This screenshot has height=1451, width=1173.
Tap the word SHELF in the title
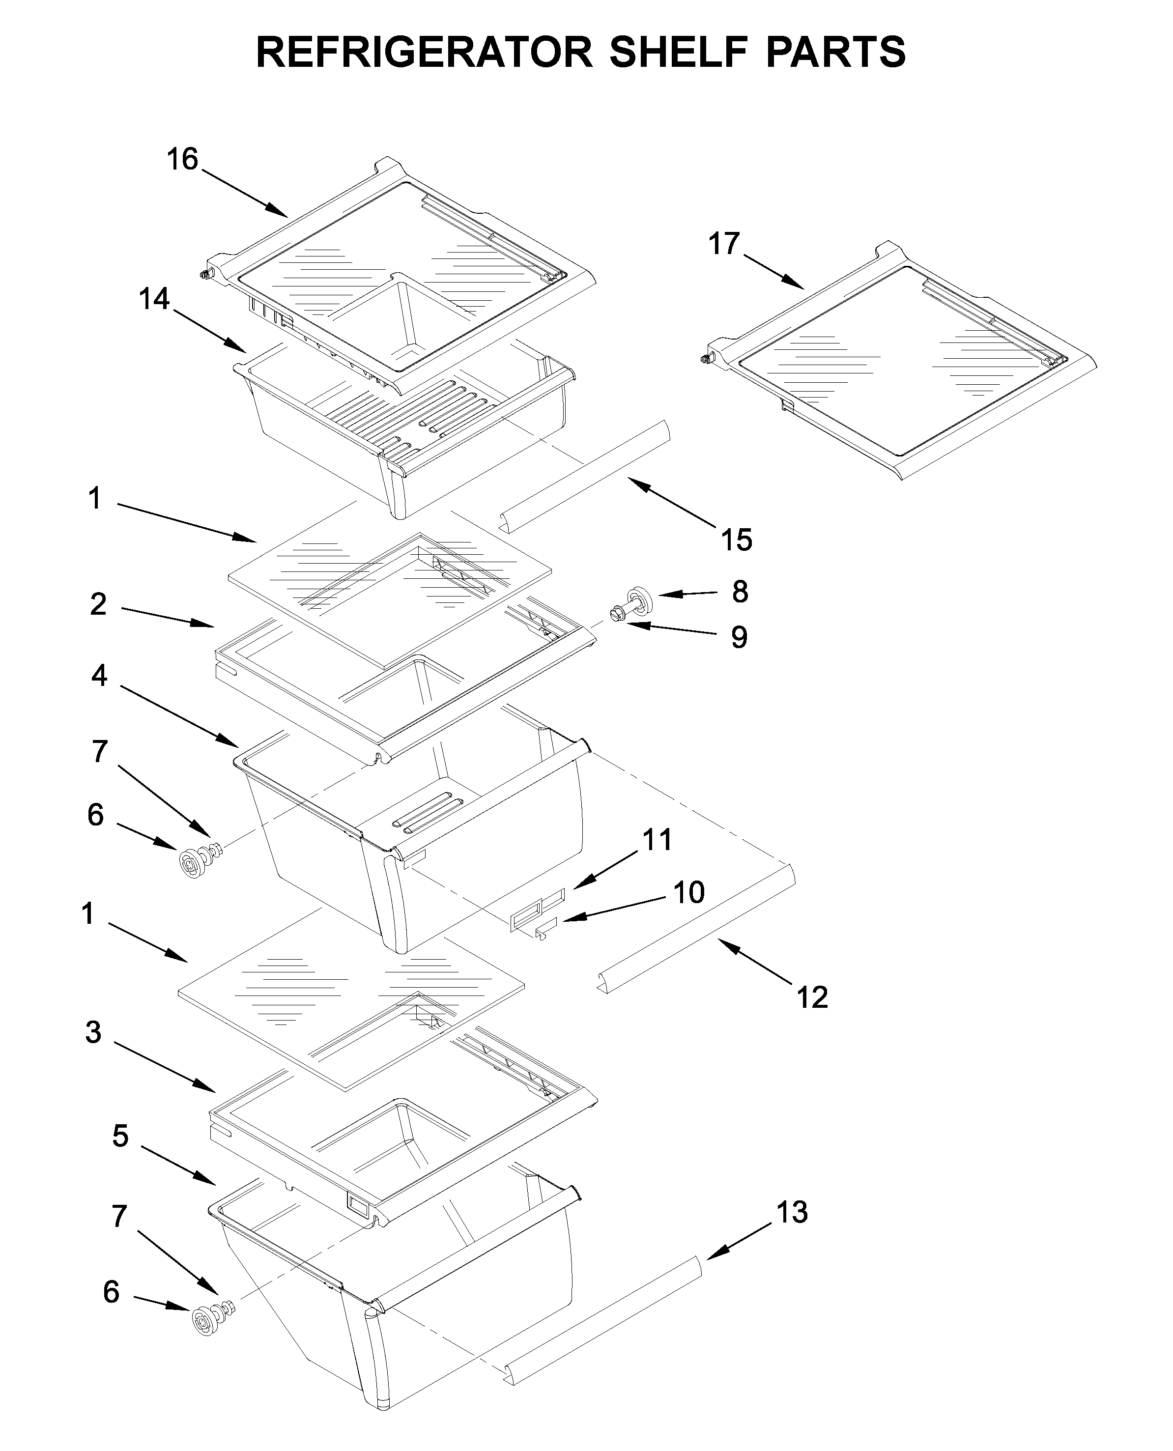point(678,53)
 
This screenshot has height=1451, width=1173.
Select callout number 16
point(182,160)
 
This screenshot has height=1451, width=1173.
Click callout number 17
point(724,244)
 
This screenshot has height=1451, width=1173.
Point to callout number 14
point(154,299)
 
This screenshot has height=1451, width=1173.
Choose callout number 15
point(736,540)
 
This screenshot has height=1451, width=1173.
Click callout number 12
point(812,997)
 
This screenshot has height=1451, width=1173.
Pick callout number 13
point(791,1213)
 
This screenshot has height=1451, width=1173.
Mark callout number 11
point(657,840)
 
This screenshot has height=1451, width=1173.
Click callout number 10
point(689,893)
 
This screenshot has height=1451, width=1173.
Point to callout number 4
point(99,675)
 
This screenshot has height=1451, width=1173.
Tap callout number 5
point(120,1136)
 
